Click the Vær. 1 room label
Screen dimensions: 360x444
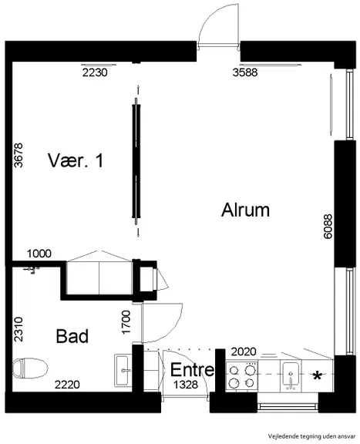pyautogui.click(x=76, y=160)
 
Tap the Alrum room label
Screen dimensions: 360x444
pyautogui.click(x=245, y=210)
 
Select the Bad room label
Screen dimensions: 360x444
pyautogui.click(x=72, y=336)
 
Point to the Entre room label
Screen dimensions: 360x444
pyautogui.click(x=192, y=369)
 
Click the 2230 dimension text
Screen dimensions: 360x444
pyautogui.click(x=95, y=72)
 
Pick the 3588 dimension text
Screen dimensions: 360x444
pyautogui.click(x=245, y=72)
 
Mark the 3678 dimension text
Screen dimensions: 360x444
pyautogui.click(x=19, y=156)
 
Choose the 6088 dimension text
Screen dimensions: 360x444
pyautogui.click(x=328, y=227)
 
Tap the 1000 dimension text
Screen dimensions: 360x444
pyautogui.click(x=39, y=254)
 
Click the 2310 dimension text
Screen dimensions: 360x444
pyautogui.click(x=19, y=329)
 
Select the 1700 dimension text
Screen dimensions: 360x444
pyautogui.click(x=126, y=322)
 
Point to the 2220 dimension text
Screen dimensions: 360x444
pyautogui.click(x=67, y=385)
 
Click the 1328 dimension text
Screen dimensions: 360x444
pyautogui.click(x=186, y=385)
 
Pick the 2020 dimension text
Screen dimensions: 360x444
pyautogui.click(x=244, y=352)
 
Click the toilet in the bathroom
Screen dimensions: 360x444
pyautogui.click(x=30, y=368)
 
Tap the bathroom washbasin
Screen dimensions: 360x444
pyautogui.click(x=123, y=370)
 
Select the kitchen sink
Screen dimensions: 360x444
pyautogui.click(x=291, y=375)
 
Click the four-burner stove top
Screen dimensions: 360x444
pyautogui.click(x=241, y=376)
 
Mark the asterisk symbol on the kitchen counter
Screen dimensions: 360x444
pyautogui.click(x=318, y=375)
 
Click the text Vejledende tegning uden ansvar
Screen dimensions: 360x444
pyautogui.click(x=312, y=436)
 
